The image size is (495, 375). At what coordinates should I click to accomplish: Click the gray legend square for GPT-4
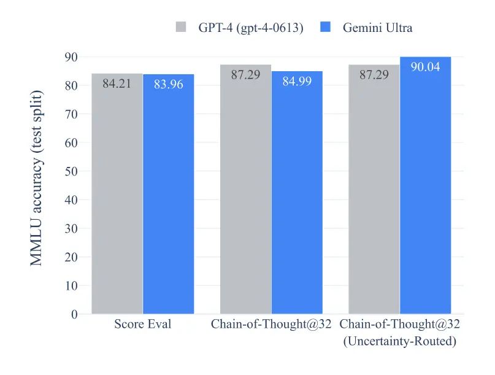[180, 28]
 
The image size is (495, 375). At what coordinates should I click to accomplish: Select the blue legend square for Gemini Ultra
[326, 28]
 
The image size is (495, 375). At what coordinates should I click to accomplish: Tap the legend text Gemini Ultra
[377, 28]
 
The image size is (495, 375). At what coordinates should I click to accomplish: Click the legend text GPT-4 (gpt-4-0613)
[250, 28]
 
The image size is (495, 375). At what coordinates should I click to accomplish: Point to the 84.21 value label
[117, 84]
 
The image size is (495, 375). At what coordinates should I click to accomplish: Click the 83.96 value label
[168, 85]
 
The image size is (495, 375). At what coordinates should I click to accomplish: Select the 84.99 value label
[297, 81]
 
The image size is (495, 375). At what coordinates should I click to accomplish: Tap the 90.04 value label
[425, 67]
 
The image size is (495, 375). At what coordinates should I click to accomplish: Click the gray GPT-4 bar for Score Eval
[117, 196]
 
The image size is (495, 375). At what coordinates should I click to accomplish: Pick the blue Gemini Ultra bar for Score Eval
[168, 196]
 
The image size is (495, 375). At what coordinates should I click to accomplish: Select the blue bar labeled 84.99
[297, 196]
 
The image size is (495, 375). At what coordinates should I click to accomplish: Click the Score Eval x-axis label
[142, 324]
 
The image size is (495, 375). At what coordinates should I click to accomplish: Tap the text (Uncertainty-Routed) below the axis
[399, 341]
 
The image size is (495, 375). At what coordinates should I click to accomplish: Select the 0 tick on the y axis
[74, 314]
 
